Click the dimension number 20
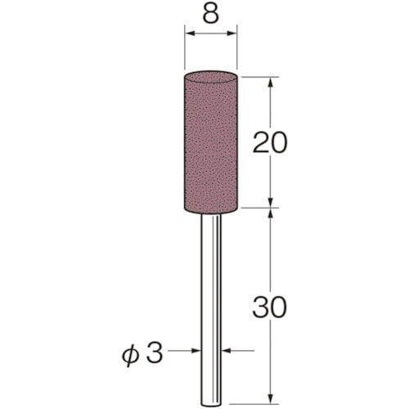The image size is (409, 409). point(270,142)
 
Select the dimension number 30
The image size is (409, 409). point(269,308)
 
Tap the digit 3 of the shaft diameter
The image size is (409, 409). point(155,353)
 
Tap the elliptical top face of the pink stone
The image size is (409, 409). point(211,77)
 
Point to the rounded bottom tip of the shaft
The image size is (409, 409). point(211,405)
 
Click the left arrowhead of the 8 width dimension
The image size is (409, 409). point(189,34)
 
